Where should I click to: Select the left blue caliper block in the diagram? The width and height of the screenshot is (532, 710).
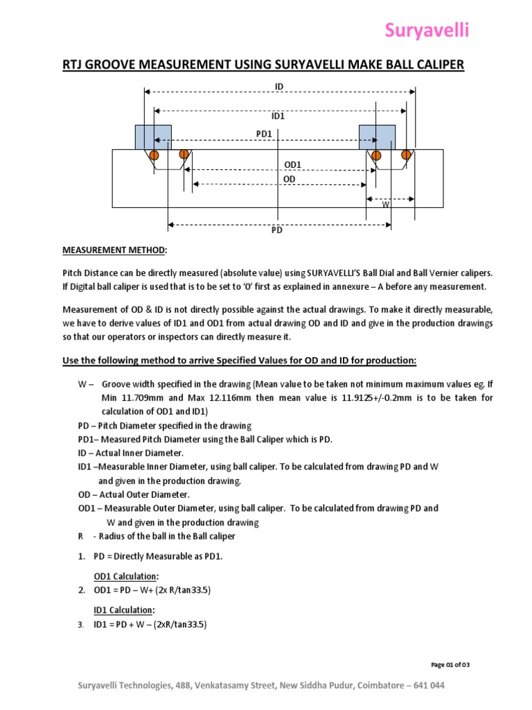153,137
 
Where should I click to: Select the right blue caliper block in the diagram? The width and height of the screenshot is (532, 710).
377,137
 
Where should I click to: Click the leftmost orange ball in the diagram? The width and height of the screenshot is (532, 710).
154,154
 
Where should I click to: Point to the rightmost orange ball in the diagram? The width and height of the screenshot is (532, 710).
407,154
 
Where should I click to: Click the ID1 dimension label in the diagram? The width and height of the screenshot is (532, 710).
278,116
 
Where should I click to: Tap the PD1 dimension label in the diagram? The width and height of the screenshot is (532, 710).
264,132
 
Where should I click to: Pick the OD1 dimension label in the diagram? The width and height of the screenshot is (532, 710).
294,164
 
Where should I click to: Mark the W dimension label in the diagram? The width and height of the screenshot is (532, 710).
385,205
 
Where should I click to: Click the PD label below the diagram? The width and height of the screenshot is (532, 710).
277,231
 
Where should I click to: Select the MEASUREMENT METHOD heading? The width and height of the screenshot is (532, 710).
114,250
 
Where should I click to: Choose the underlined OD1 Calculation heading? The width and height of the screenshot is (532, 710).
126,576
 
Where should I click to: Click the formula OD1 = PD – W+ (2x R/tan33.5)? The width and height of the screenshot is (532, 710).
152,590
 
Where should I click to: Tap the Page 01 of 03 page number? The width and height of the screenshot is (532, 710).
450,665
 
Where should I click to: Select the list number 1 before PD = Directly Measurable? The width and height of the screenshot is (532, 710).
81,556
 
